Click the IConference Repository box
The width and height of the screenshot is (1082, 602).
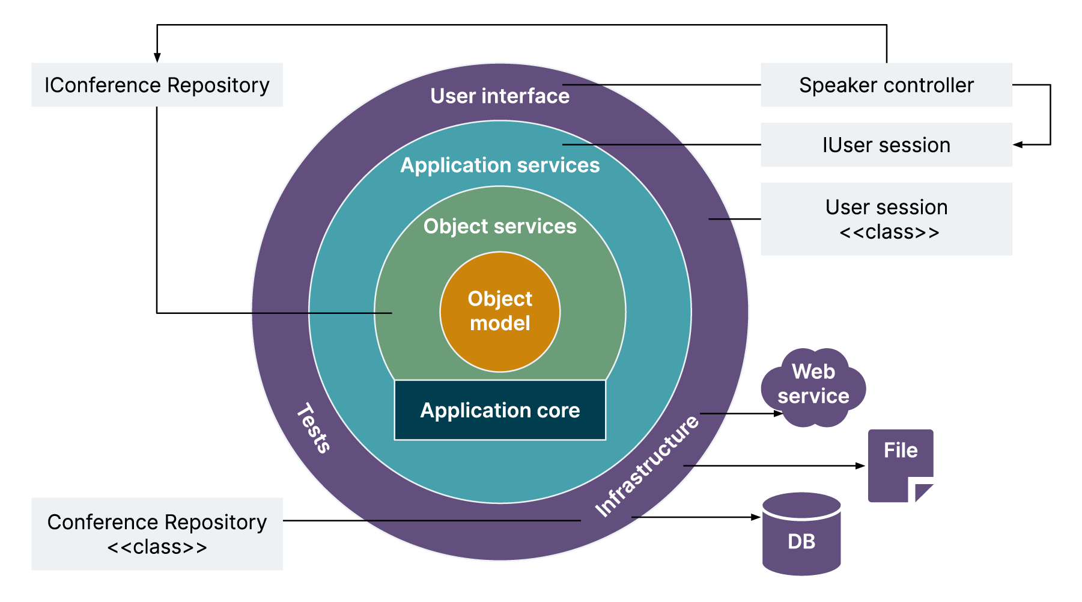[x=157, y=85]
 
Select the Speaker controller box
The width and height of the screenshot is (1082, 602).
[x=886, y=85]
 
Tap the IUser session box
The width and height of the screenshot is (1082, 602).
[x=886, y=145]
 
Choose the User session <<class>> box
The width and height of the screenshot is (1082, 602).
[x=886, y=219]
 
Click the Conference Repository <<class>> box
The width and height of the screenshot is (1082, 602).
[x=157, y=534]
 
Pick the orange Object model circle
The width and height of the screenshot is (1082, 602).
[x=500, y=312]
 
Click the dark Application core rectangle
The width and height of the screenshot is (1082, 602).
[x=500, y=410]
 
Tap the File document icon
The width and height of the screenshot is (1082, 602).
[x=900, y=463]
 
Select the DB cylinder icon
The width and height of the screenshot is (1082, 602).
[x=801, y=535]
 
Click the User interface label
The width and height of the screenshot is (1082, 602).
[x=500, y=96]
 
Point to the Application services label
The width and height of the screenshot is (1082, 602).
[x=500, y=165]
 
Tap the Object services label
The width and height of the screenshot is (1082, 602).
[x=500, y=227]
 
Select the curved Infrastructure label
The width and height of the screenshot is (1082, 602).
[x=646, y=467]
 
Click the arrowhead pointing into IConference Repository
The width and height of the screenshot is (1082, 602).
[x=157, y=58]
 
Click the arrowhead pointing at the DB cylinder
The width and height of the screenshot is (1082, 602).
[x=757, y=517]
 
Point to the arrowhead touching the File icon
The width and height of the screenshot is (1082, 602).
[x=861, y=465]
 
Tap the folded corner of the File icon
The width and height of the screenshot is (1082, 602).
[x=923, y=492]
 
